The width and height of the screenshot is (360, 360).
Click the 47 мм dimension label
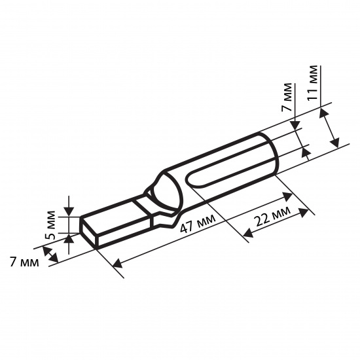click(198, 224)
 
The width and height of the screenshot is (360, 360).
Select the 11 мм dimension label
click(312, 83)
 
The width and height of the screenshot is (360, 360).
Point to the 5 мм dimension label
click(50, 225)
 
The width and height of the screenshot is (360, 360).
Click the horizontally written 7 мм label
click(24, 262)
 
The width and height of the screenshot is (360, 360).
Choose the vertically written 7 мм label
click(287, 97)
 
